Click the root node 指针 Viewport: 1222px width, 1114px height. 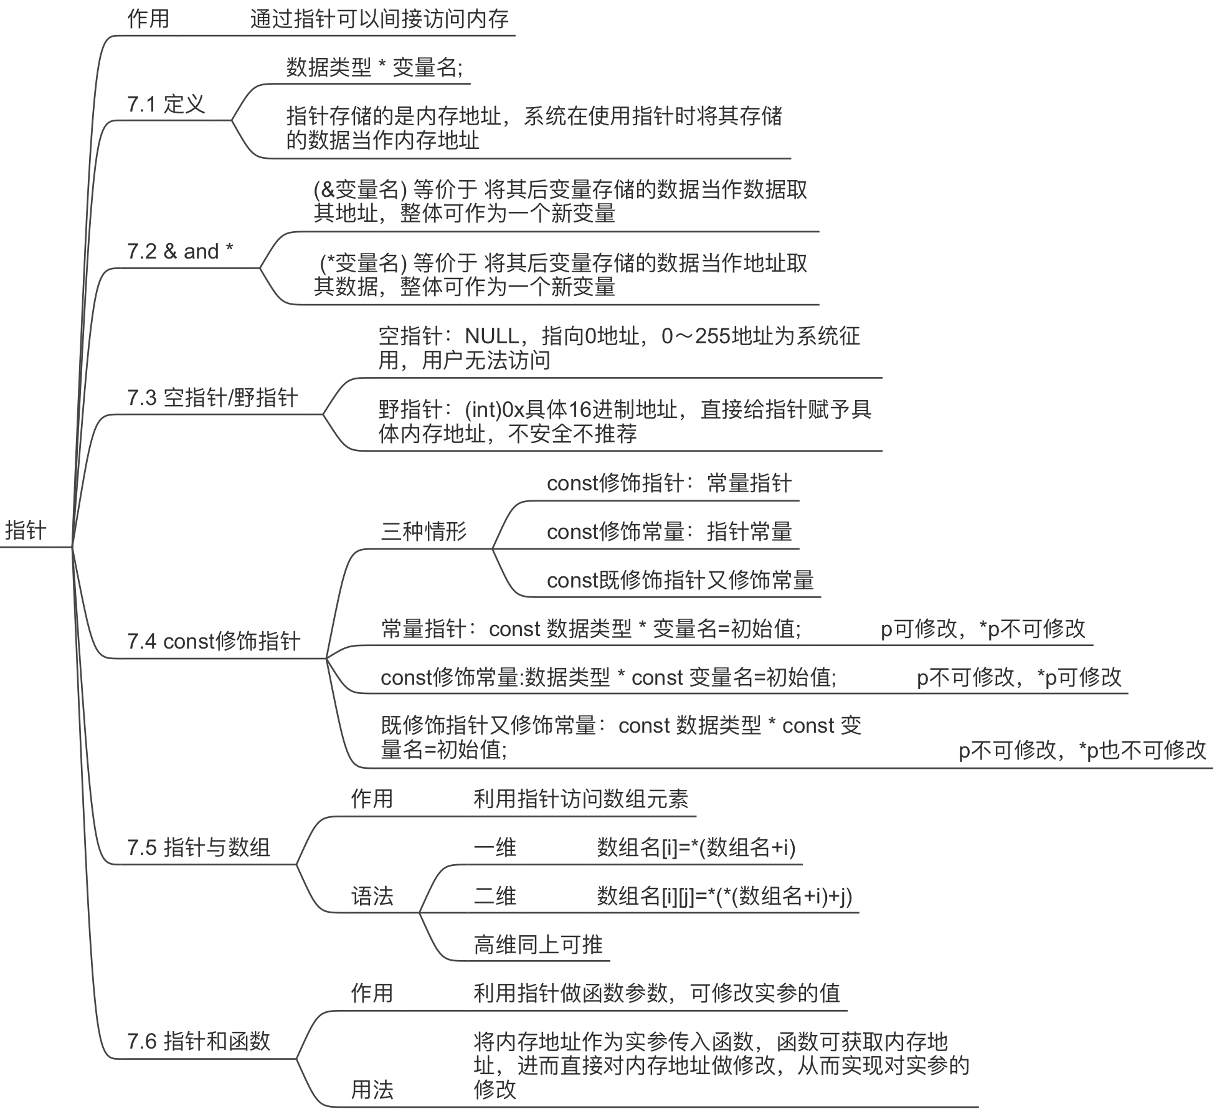coord(26,530)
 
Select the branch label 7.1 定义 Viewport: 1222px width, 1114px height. coord(166,104)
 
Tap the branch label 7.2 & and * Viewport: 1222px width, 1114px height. coord(180,251)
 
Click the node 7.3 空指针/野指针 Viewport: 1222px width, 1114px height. coord(212,398)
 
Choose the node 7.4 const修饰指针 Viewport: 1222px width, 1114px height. coord(214,640)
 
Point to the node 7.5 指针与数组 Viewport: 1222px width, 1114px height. coord(199,847)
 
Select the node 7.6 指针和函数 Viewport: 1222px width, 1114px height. coord(199,1041)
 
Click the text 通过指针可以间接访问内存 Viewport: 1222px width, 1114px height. coord(379,19)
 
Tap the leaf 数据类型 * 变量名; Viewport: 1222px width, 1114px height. coord(374,67)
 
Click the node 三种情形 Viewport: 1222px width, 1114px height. coord(424,531)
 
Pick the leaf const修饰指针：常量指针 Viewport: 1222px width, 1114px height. coord(669,483)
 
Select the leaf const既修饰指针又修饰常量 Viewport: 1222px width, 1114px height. coord(680,580)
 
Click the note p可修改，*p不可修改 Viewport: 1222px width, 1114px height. coord(983,629)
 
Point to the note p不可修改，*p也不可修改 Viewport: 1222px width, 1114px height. coord(1082,750)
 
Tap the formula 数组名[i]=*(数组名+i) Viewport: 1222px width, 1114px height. coord(696,847)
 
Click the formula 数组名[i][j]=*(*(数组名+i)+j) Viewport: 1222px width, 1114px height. coord(724,896)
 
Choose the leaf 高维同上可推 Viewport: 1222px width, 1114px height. coord(538,945)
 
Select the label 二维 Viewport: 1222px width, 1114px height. coord(495,896)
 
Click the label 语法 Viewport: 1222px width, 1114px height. coord(372,896)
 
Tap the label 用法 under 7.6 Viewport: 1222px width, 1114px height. coord(372,1090)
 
